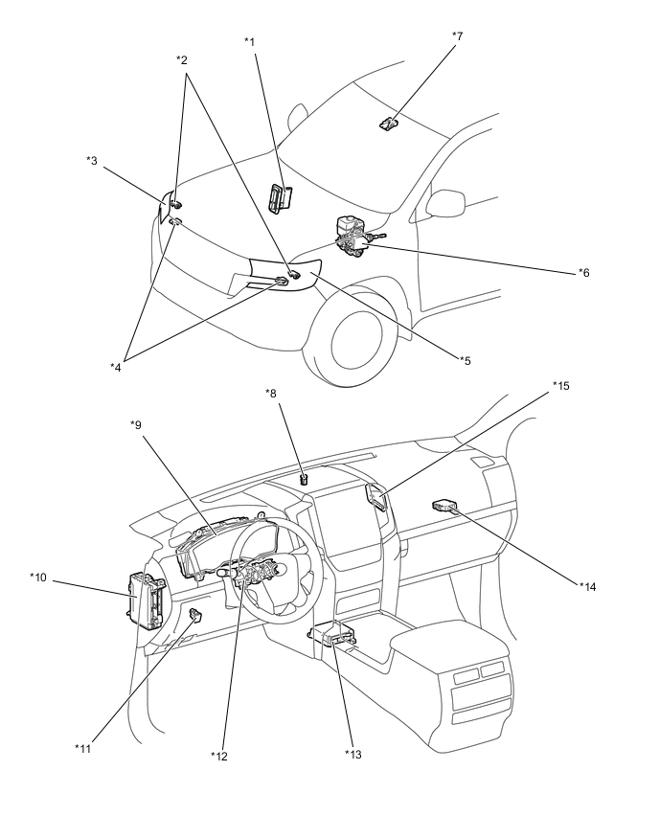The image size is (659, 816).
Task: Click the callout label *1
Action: (x=249, y=41)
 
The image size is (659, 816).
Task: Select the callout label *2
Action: (x=182, y=60)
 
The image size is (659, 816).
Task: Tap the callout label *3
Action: (x=92, y=160)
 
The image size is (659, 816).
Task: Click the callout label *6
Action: (x=583, y=272)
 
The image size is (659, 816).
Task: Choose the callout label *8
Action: (x=271, y=392)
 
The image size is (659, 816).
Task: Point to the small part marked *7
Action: (x=387, y=123)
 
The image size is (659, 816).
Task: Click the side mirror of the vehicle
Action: (x=444, y=203)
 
